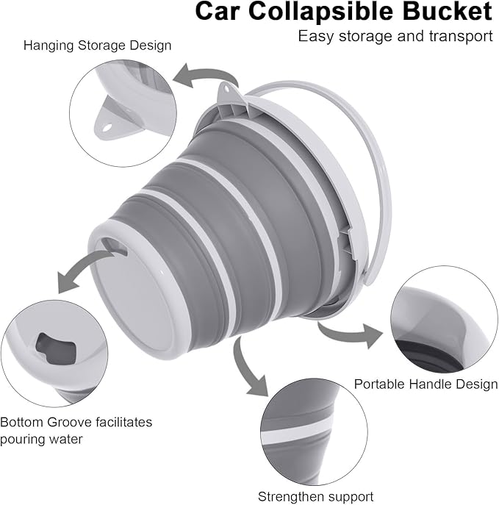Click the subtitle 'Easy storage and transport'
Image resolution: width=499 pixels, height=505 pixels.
coord(395,36)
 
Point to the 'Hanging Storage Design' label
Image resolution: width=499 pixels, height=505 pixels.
coord(97,45)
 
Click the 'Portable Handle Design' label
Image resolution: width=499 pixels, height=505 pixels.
coord(426,384)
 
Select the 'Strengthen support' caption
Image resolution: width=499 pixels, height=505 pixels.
coord(315,496)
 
